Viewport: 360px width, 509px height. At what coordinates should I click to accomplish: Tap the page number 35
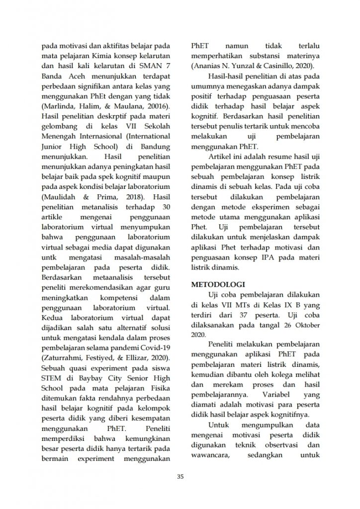pos(180,477)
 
